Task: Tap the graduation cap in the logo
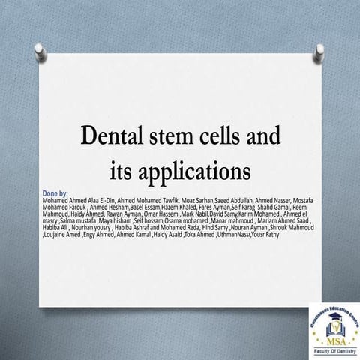(333, 319)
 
